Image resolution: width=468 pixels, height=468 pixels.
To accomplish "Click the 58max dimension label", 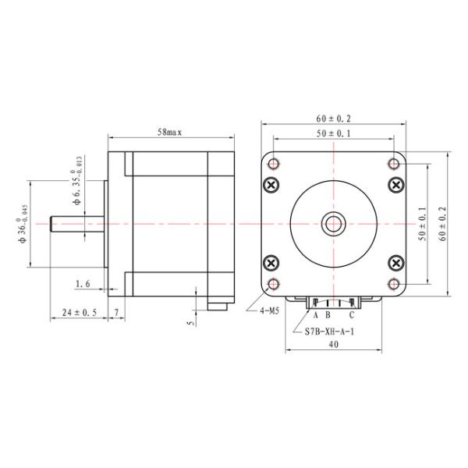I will (169, 133).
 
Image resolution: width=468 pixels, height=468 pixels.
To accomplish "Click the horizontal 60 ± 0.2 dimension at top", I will (333, 119).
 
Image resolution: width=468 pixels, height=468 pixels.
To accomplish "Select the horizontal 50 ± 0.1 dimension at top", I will (333, 133).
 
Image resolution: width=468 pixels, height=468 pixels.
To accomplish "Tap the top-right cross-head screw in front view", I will (395, 186).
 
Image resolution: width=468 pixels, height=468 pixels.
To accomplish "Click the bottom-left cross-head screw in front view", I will (271, 263).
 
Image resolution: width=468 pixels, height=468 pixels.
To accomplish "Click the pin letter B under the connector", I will (328, 315).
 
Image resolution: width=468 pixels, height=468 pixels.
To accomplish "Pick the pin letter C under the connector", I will (352, 315).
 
